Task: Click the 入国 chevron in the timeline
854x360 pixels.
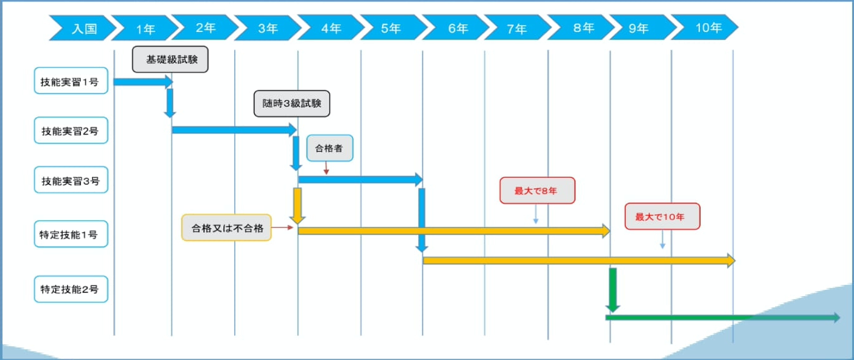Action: (83, 28)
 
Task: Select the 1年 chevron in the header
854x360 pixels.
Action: (145, 28)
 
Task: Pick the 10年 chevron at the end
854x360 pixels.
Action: (707, 28)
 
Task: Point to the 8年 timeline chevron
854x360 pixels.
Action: (583, 28)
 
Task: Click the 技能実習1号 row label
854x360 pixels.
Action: (71, 81)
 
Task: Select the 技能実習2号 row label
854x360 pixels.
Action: (71, 131)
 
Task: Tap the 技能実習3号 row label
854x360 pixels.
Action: (71, 182)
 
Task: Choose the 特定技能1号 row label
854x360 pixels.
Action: (71, 234)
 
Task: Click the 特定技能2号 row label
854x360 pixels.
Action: (71, 289)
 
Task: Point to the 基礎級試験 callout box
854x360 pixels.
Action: (170, 59)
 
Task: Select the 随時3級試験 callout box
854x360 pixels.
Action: (291, 104)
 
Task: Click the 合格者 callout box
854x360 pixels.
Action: (329, 148)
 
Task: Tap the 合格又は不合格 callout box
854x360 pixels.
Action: (227, 228)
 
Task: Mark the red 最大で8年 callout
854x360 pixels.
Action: (537, 190)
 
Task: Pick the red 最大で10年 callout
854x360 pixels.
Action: (662, 217)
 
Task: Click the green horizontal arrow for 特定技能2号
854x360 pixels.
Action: (720, 317)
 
